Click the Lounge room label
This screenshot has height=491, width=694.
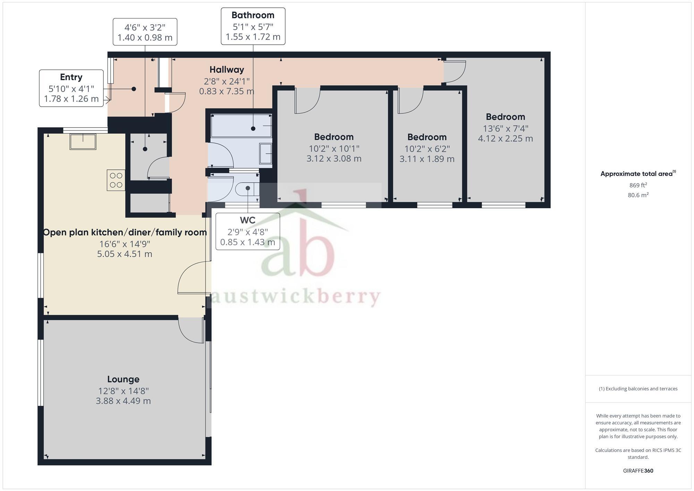point(123,379)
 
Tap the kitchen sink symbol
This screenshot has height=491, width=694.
point(83,142)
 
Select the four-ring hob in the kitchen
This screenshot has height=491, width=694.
point(116,180)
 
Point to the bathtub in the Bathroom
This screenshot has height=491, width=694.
point(241,126)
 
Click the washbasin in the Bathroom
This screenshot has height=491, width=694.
point(266,153)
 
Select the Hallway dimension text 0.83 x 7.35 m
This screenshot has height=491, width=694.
point(227,92)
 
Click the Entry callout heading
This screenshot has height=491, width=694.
point(71,77)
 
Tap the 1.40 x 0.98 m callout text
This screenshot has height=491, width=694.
point(145,37)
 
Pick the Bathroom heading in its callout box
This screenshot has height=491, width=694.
point(253,15)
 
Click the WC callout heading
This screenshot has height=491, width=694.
point(247,220)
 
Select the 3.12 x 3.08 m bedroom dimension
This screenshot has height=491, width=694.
point(334,159)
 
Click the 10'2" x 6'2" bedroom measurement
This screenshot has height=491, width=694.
point(427,149)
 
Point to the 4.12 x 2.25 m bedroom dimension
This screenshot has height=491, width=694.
point(505,139)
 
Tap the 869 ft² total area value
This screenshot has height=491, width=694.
point(638,185)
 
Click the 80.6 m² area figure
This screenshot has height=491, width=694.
point(638,195)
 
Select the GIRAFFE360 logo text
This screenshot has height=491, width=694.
point(638,471)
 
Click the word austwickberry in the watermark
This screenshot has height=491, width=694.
point(295,297)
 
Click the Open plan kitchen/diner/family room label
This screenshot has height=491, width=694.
point(125,232)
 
